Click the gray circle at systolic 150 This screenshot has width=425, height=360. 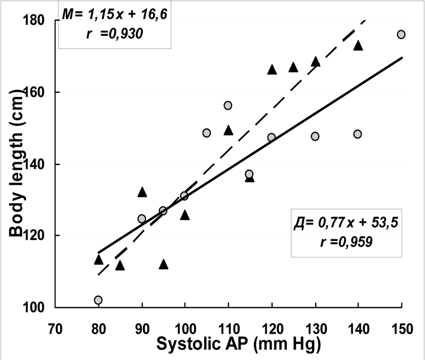(401, 35)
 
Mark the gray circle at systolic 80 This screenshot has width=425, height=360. (98, 300)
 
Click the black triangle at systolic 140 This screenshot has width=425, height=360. (358, 46)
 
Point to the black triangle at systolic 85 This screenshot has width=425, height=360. (120, 265)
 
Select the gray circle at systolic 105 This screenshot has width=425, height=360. (207, 132)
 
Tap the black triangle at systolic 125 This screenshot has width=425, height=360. (293, 67)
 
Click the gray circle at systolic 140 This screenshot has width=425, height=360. (358, 134)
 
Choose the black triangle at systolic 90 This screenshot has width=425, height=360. (142, 192)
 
